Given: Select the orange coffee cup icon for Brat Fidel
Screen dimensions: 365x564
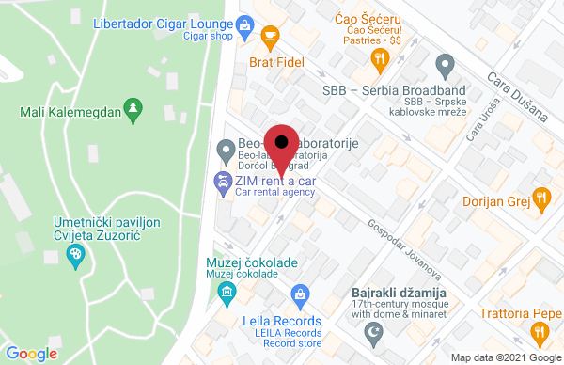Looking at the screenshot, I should click(x=270, y=39).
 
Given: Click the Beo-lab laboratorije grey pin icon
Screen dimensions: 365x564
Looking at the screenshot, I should click(x=226, y=150).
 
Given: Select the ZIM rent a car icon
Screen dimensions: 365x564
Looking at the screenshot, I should click(x=226, y=183).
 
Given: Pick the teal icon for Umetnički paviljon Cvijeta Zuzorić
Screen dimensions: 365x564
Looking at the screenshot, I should click(x=75, y=254).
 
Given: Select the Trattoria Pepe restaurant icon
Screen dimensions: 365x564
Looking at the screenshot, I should click(x=539, y=331).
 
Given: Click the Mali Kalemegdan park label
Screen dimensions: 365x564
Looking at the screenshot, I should click(x=70, y=113).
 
